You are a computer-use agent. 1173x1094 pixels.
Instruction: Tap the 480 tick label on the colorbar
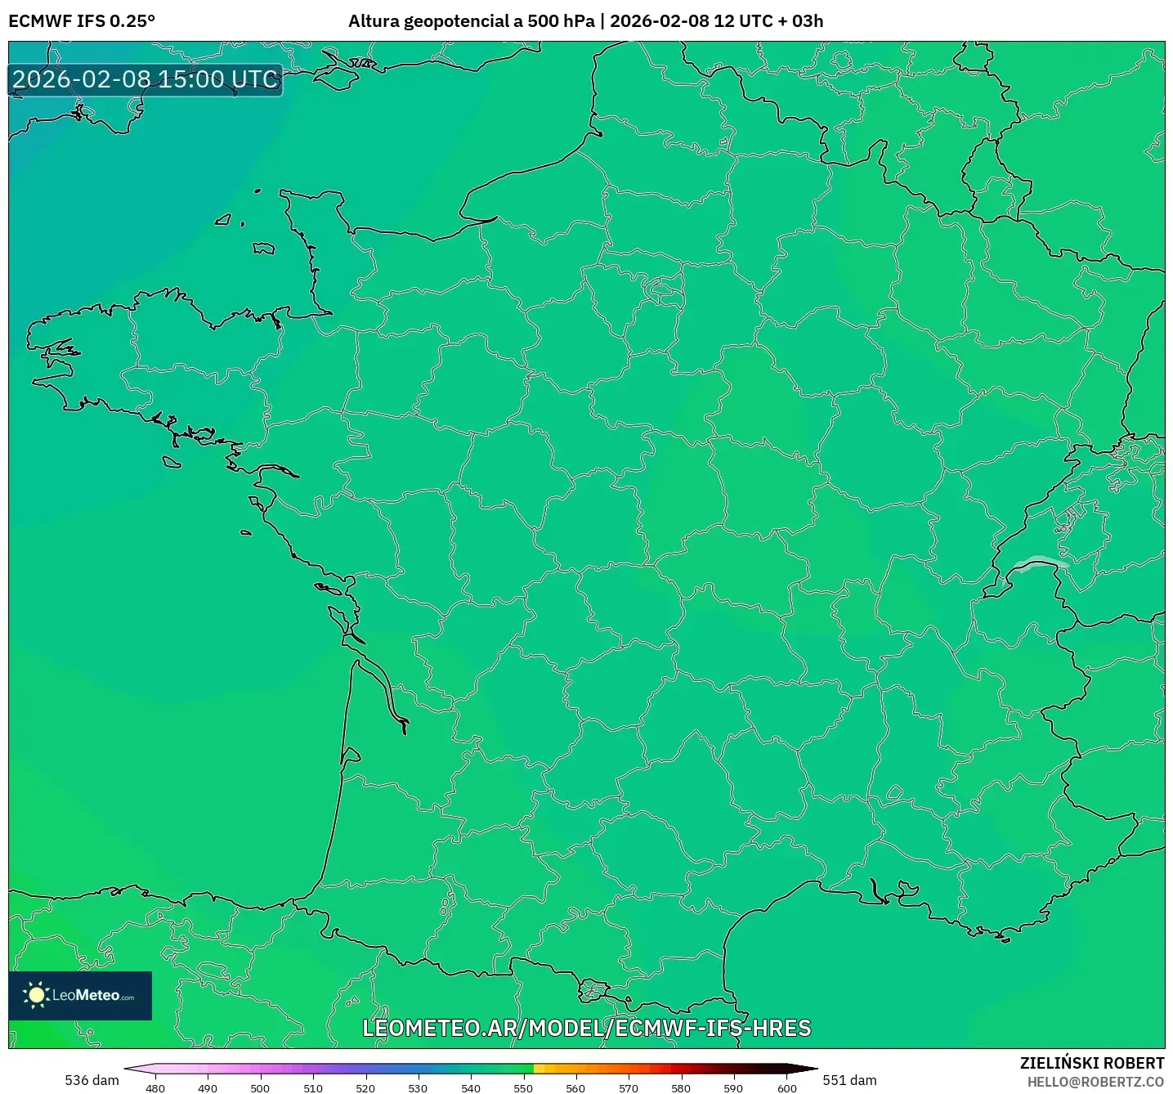(154, 1088)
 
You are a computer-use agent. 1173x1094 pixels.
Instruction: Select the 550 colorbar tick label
(523, 1088)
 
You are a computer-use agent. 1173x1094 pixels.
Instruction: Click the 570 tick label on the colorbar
(629, 1088)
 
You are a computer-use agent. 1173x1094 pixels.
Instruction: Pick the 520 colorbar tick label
(365, 1088)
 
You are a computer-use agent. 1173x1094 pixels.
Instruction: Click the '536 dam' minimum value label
(92, 1080)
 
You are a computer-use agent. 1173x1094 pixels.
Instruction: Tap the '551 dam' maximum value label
(849, 1080)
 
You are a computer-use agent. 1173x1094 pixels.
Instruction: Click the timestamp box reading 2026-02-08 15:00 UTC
(146, 79)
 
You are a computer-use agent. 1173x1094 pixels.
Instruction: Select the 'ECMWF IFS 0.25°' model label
(82, 21)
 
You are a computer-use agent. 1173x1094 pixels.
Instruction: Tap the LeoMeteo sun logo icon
(36, 995)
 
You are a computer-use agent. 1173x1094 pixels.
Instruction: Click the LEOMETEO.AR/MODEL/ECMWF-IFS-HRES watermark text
(586, 1028)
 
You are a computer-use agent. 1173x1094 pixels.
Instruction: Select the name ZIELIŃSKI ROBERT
(1091, 1063)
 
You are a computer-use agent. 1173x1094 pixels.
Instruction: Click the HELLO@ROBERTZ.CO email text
(1095, 1082)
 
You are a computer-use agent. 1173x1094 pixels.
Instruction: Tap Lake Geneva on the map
(1038, 563)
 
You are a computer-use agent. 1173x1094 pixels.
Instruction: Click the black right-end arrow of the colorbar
(804, 1069)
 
